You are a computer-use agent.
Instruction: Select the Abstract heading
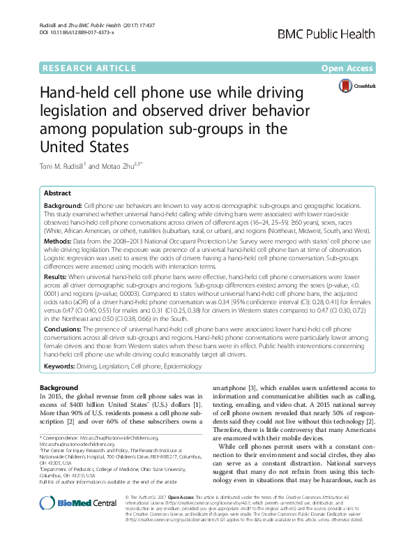tap(57, 193)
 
